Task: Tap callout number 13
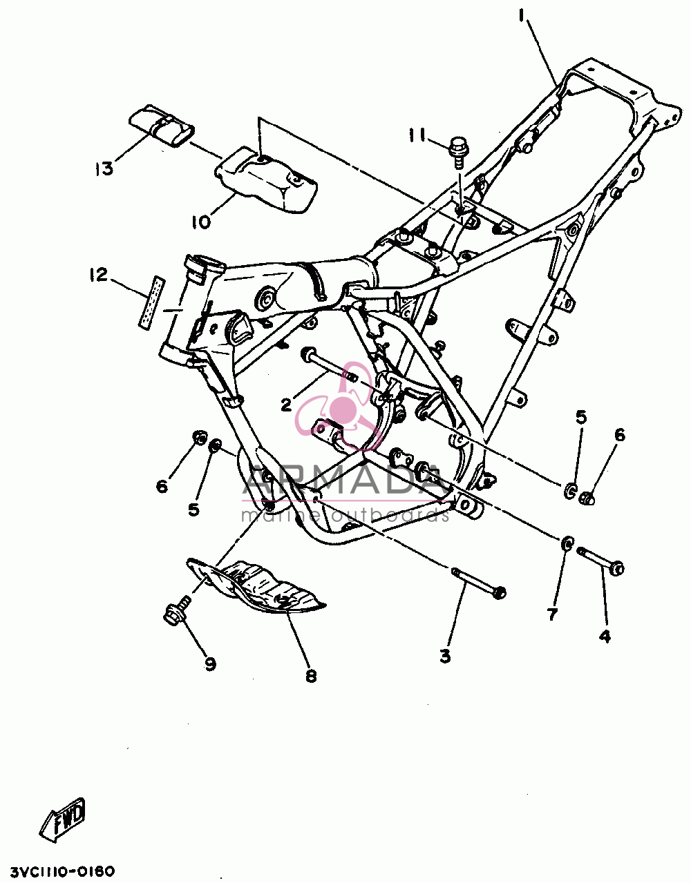(105, 168)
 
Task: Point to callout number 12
(99, 275)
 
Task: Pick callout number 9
(210, 664)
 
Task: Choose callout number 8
(311, 677)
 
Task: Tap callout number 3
(446, 657)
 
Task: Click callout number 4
(605, 636)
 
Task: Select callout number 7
(552, 614)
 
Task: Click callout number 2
(286, 405)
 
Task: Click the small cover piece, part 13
(162, 125)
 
